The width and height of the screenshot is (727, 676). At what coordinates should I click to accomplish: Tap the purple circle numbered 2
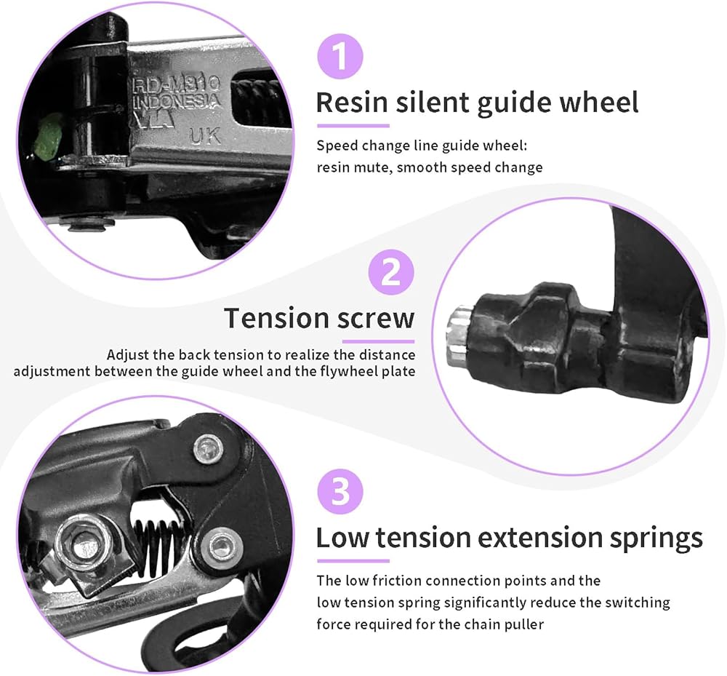coord(391,274)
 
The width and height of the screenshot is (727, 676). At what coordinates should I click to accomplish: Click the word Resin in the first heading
coord(352,103)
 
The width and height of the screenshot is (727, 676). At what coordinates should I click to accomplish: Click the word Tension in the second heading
coord(276,319)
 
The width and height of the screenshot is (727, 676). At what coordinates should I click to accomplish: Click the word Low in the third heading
coord(342,538)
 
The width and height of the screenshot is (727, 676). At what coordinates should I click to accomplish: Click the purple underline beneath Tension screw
coord(378,341)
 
